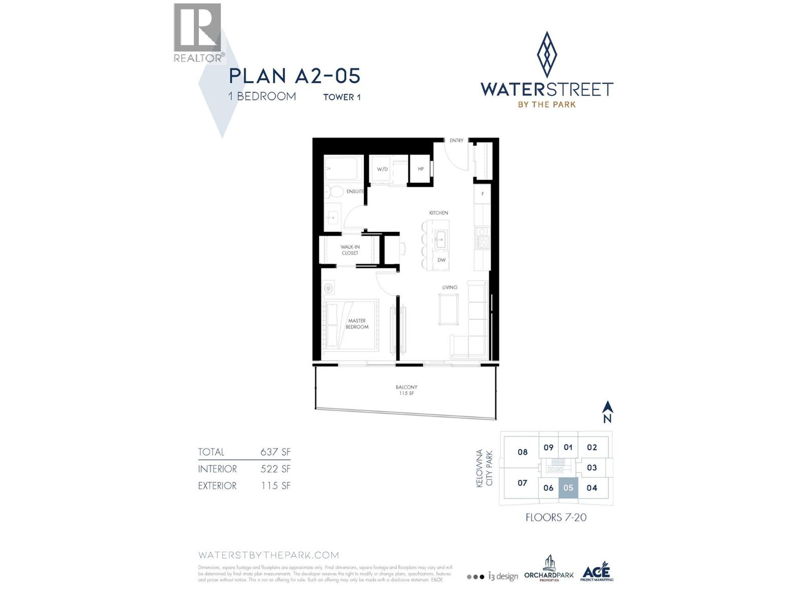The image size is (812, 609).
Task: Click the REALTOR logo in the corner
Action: [197, 32]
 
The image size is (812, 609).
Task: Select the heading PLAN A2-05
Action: [294, 76]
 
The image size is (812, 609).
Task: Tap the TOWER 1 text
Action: [342, 97]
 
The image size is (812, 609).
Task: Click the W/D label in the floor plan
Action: [382, 169]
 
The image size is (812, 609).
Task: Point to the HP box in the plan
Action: [421, 169]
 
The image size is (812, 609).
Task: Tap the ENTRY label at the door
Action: [456, 141]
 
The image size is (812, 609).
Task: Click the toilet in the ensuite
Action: [334, 192]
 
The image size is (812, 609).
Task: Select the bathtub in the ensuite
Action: [343, 168]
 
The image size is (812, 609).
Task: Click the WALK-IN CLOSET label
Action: [350, 250]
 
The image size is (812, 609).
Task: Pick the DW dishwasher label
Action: [442, 260]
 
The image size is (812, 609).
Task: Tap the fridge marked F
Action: [483, 194]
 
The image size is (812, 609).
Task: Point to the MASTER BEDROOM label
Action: [357, 324]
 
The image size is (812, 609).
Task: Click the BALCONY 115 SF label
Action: [407, 390]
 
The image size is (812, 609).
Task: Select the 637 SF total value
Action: [275, 452]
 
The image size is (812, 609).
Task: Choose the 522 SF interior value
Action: [275, 469]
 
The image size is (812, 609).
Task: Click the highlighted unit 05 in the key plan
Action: [568, 488]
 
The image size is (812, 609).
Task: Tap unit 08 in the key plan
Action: [522, 452]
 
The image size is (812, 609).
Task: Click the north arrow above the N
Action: [607, 407]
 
